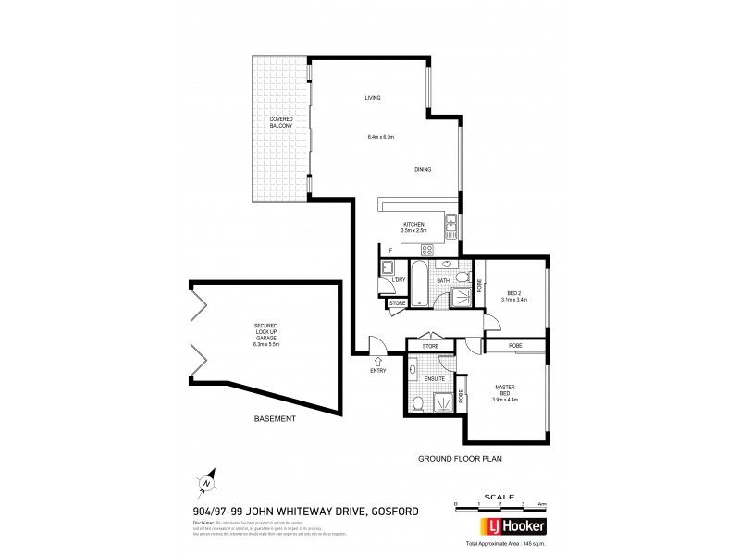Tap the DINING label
423,169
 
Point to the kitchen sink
451,224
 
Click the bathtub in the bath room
419,287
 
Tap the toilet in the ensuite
418,402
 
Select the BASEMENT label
275,419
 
